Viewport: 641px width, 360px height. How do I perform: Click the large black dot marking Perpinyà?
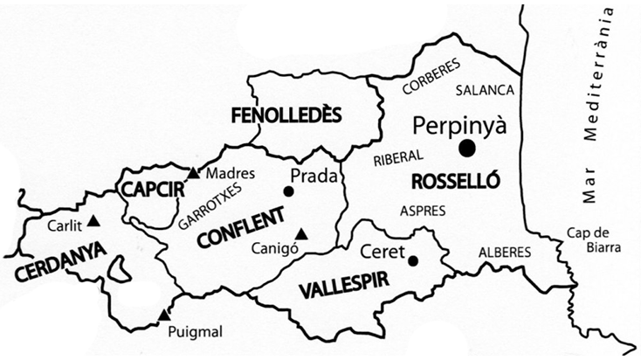pos(468,149)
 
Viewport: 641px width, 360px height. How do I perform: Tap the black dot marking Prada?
pos(288,191)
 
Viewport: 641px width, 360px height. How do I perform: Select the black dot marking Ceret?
pos(413,260)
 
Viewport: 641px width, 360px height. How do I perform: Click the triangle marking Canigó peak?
pos(300,233)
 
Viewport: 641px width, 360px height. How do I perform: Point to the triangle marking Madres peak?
pos(193,171)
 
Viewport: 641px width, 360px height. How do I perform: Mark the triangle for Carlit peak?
pos(93,222)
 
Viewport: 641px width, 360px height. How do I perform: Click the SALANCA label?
pos(486,90)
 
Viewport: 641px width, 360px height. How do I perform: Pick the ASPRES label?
pos(422,211)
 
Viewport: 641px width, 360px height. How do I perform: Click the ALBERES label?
pos(504,252)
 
